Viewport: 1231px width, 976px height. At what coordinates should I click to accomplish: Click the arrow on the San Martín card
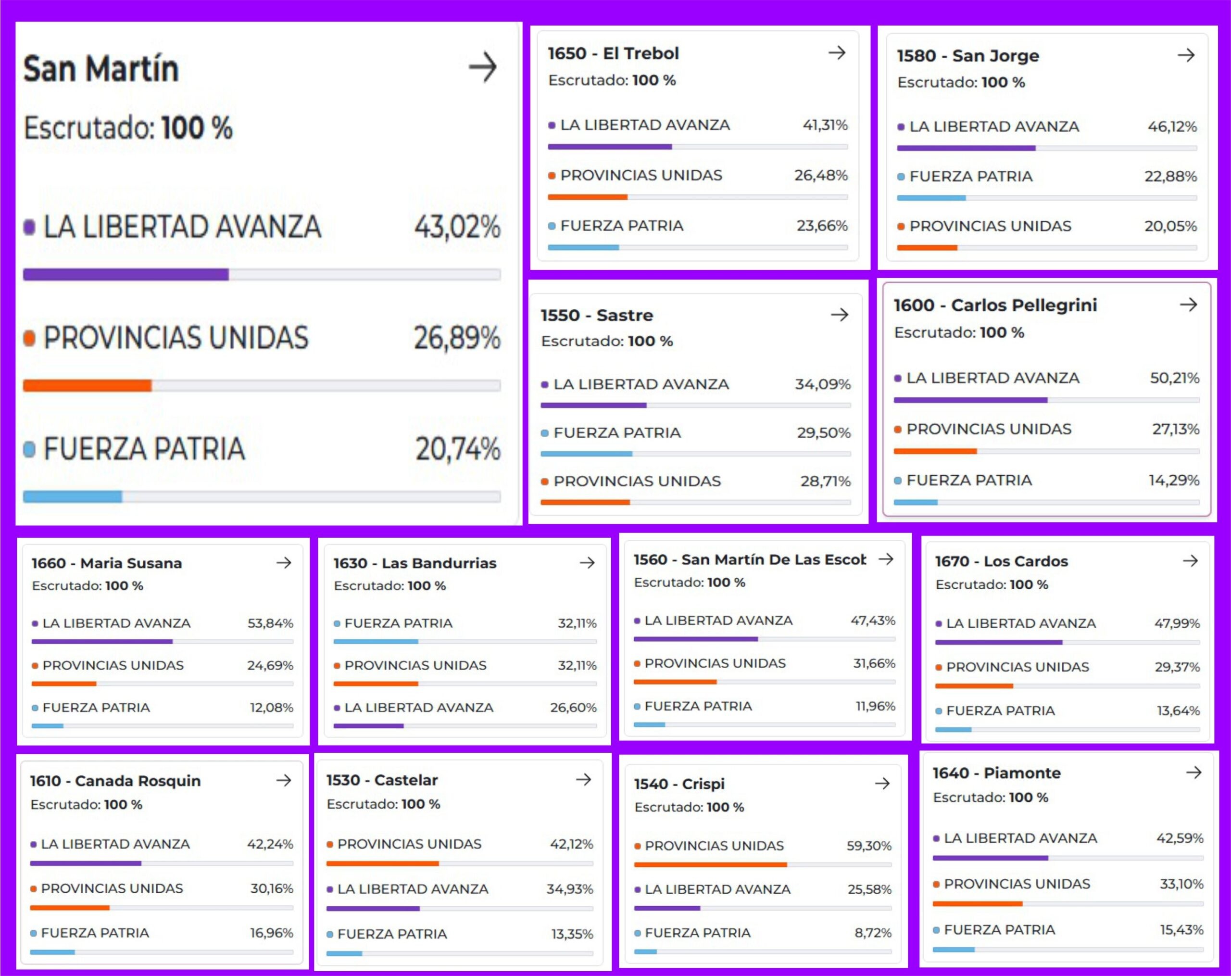pos(482,67)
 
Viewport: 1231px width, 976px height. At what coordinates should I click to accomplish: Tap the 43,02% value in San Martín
pos(457,227)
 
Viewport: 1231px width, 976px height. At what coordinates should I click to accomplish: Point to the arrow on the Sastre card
pos(839,315)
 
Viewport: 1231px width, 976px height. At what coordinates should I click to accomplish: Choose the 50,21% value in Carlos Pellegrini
pos(1174,378)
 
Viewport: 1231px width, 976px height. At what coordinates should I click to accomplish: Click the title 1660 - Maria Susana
pos(107,563)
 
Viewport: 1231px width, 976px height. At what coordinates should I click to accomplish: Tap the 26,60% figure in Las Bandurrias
pos(573,708)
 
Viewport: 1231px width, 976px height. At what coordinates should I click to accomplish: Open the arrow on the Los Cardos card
pos(1190,561)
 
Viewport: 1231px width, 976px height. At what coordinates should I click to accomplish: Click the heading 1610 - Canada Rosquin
pos(115,781)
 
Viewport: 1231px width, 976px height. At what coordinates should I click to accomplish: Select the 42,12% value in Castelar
pos(571,844)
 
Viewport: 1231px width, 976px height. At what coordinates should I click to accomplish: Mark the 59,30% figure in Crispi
pos(868,846)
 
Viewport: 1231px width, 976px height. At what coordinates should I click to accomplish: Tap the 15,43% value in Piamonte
pos(1181,930)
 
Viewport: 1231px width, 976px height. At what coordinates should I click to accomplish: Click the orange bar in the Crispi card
pos(710,864)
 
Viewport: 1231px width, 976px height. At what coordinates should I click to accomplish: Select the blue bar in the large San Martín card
pos(73,497)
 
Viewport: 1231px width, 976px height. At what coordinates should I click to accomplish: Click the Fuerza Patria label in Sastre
pos(617,433)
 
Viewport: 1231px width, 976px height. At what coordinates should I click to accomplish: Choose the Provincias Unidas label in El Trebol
pos(641,175)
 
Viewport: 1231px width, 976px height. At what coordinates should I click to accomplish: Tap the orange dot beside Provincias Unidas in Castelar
pos(330,844)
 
